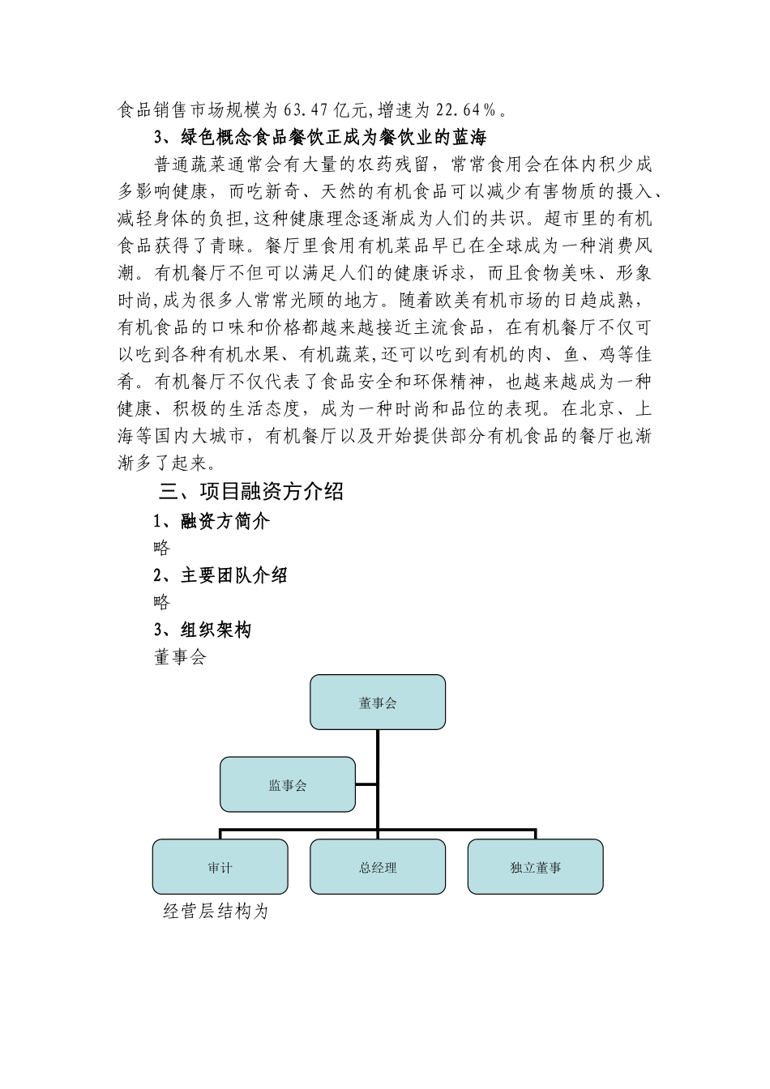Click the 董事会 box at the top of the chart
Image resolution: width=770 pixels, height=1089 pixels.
click(x=378, y=702)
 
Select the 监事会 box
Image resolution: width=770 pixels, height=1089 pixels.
click(x=288, y=784)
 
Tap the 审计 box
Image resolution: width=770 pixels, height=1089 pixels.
click(x=220, y=867)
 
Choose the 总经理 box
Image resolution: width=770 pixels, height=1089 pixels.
click(x=378, y=867)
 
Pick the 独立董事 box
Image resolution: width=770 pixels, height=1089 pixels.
click(x=535, y=867)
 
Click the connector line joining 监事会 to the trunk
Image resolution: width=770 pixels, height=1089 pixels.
click(x=366, y=784)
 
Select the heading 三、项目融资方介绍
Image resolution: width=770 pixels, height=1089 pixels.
click(x=251, y=491)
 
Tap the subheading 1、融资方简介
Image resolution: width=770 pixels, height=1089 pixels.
click(x=212, y=521)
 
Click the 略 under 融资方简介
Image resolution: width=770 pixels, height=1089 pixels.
click(x=162, y=548)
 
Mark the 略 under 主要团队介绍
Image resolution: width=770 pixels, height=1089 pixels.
click(x=162, y=602)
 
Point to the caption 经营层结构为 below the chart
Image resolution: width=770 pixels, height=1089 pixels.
click(x=216, y=912)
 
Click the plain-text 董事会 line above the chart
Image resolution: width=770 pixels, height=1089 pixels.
click(x=180, y=656)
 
